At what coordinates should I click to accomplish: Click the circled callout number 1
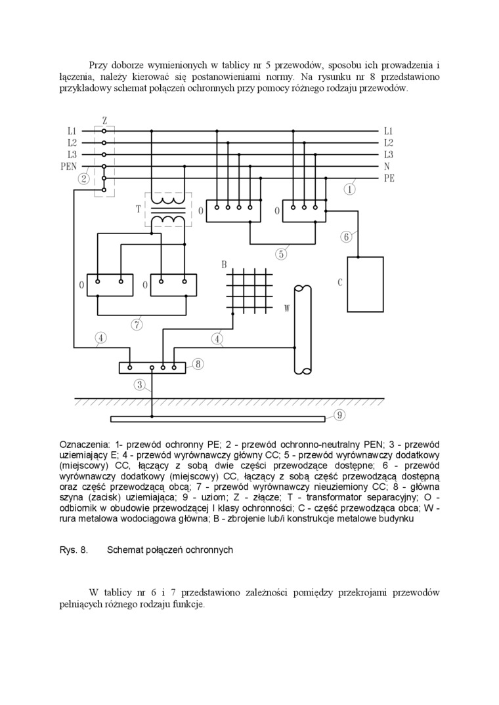pyautogui.click(x=350, y=190)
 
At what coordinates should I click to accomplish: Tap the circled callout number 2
pyautogui.click(x=84, y=178)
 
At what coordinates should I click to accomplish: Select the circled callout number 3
pyautogui.click(x=139, y=385)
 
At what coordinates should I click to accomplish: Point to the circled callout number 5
pyautogui.click(x=281, y=254)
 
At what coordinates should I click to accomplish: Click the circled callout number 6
pyautogui.click(x=346, y=237)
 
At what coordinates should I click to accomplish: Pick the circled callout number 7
pyautogui.click(x=137, y=324)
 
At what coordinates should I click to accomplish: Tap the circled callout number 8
pyautogui.click(x=198, y=363)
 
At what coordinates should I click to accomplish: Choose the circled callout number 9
pyautogui.click(x=339, y=414)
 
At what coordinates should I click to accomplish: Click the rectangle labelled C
pyautogui.click(x=365, y=284)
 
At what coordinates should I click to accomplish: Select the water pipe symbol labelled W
pyautogui.click(x=303, y=329)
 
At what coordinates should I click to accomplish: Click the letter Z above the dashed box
pyautogui.click(x=104, y=121)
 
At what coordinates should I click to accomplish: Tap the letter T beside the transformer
pyautogui.click(x=139, y=209)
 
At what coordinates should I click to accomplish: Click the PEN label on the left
pyautogui.click(x=68, y=167)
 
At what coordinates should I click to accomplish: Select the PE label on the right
pyautogui.click(x=389, y=178)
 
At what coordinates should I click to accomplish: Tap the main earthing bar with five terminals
pyautogui.click(x=152, y=367)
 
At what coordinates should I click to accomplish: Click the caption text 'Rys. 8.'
pyautogui.click(x=74, y=550)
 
